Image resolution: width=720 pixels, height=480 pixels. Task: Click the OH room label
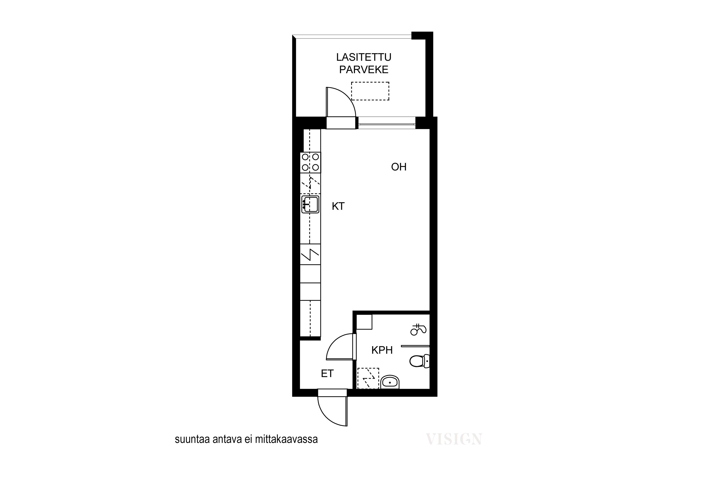click(x=399, y=167)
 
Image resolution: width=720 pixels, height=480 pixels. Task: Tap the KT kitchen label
click(x=338, y=206)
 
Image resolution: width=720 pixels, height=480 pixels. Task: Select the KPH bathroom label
click(x=382, y=350)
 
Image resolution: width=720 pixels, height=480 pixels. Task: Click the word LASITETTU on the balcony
click(x=364, y=57)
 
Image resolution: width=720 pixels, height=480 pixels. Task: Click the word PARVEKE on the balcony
click(x=364, y=70)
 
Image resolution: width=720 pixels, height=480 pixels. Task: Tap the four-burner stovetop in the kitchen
click(x=310, y=162)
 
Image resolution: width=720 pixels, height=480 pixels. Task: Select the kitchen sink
click(x=310, y=204)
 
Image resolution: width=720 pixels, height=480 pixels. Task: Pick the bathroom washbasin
click(x=390, y=382)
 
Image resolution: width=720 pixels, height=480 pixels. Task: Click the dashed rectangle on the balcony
click(x=370, y=91)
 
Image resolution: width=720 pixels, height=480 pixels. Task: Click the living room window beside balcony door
click(x=387, y=123)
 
